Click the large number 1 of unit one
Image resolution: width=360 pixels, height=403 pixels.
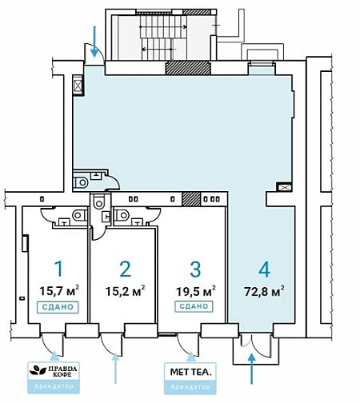58,269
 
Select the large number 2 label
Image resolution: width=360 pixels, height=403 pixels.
125,269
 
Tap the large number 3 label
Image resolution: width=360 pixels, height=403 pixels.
195,269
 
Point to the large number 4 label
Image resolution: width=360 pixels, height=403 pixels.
264,269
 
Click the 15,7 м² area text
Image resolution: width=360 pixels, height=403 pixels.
59,290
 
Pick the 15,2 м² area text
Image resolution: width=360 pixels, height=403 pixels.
125,291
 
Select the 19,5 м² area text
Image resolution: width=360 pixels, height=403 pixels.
196,291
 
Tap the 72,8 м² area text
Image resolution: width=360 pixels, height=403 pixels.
264,291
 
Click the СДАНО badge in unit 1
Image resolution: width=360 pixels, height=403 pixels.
58,307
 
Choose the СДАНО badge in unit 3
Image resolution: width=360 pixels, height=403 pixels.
194,306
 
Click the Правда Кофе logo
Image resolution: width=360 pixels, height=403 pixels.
54,370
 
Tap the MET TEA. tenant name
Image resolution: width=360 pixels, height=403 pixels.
190,372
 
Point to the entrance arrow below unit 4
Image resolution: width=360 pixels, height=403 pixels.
251,369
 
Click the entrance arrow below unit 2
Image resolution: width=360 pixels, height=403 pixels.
115,368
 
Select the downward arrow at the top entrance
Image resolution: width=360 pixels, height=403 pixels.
94,42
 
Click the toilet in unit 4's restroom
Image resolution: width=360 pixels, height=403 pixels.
81,182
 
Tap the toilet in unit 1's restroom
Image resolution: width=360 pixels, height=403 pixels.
79,215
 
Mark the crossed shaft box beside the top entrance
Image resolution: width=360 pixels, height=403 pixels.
78,85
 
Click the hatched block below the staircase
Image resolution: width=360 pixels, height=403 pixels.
188,68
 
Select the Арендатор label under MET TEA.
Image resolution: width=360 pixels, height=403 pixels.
190,387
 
